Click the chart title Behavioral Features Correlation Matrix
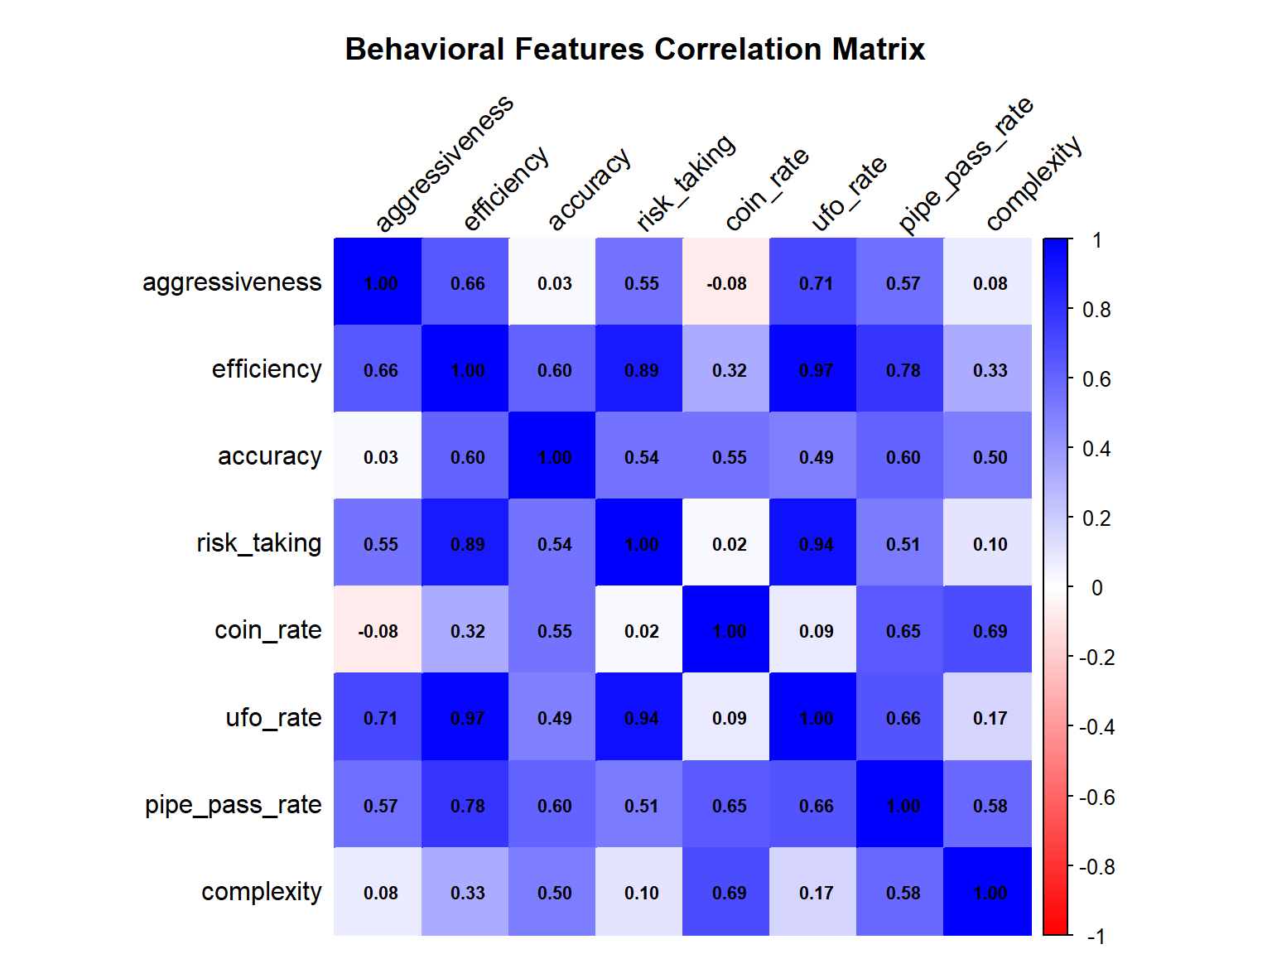point(635,50)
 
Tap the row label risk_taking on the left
point(258,543)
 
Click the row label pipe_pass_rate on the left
point(233,805)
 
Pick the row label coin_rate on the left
point(267,630)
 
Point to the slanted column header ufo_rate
point(848,193)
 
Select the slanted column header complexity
point(1033,183)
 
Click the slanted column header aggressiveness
point(444,163)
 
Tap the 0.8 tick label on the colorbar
point(1096,310)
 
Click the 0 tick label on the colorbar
point(1096,588)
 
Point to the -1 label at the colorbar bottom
point(1096,937)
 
